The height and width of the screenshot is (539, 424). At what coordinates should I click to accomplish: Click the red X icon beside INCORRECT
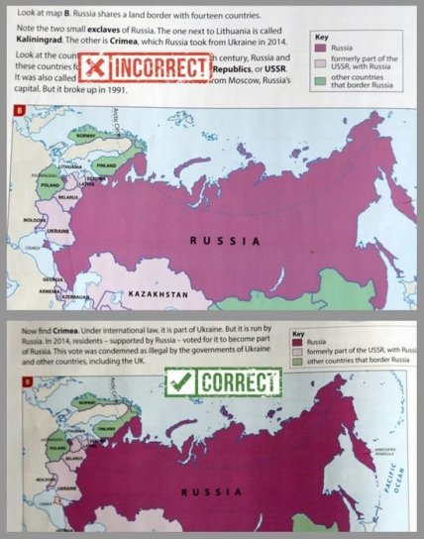pyautogui.click(x=94, y=66)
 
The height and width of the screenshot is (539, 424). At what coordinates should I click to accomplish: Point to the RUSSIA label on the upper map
pyautogui.click(x=225, y=240)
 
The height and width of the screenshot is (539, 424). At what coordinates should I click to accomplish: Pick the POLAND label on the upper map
pyautogui.click(x=48, y=184)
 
